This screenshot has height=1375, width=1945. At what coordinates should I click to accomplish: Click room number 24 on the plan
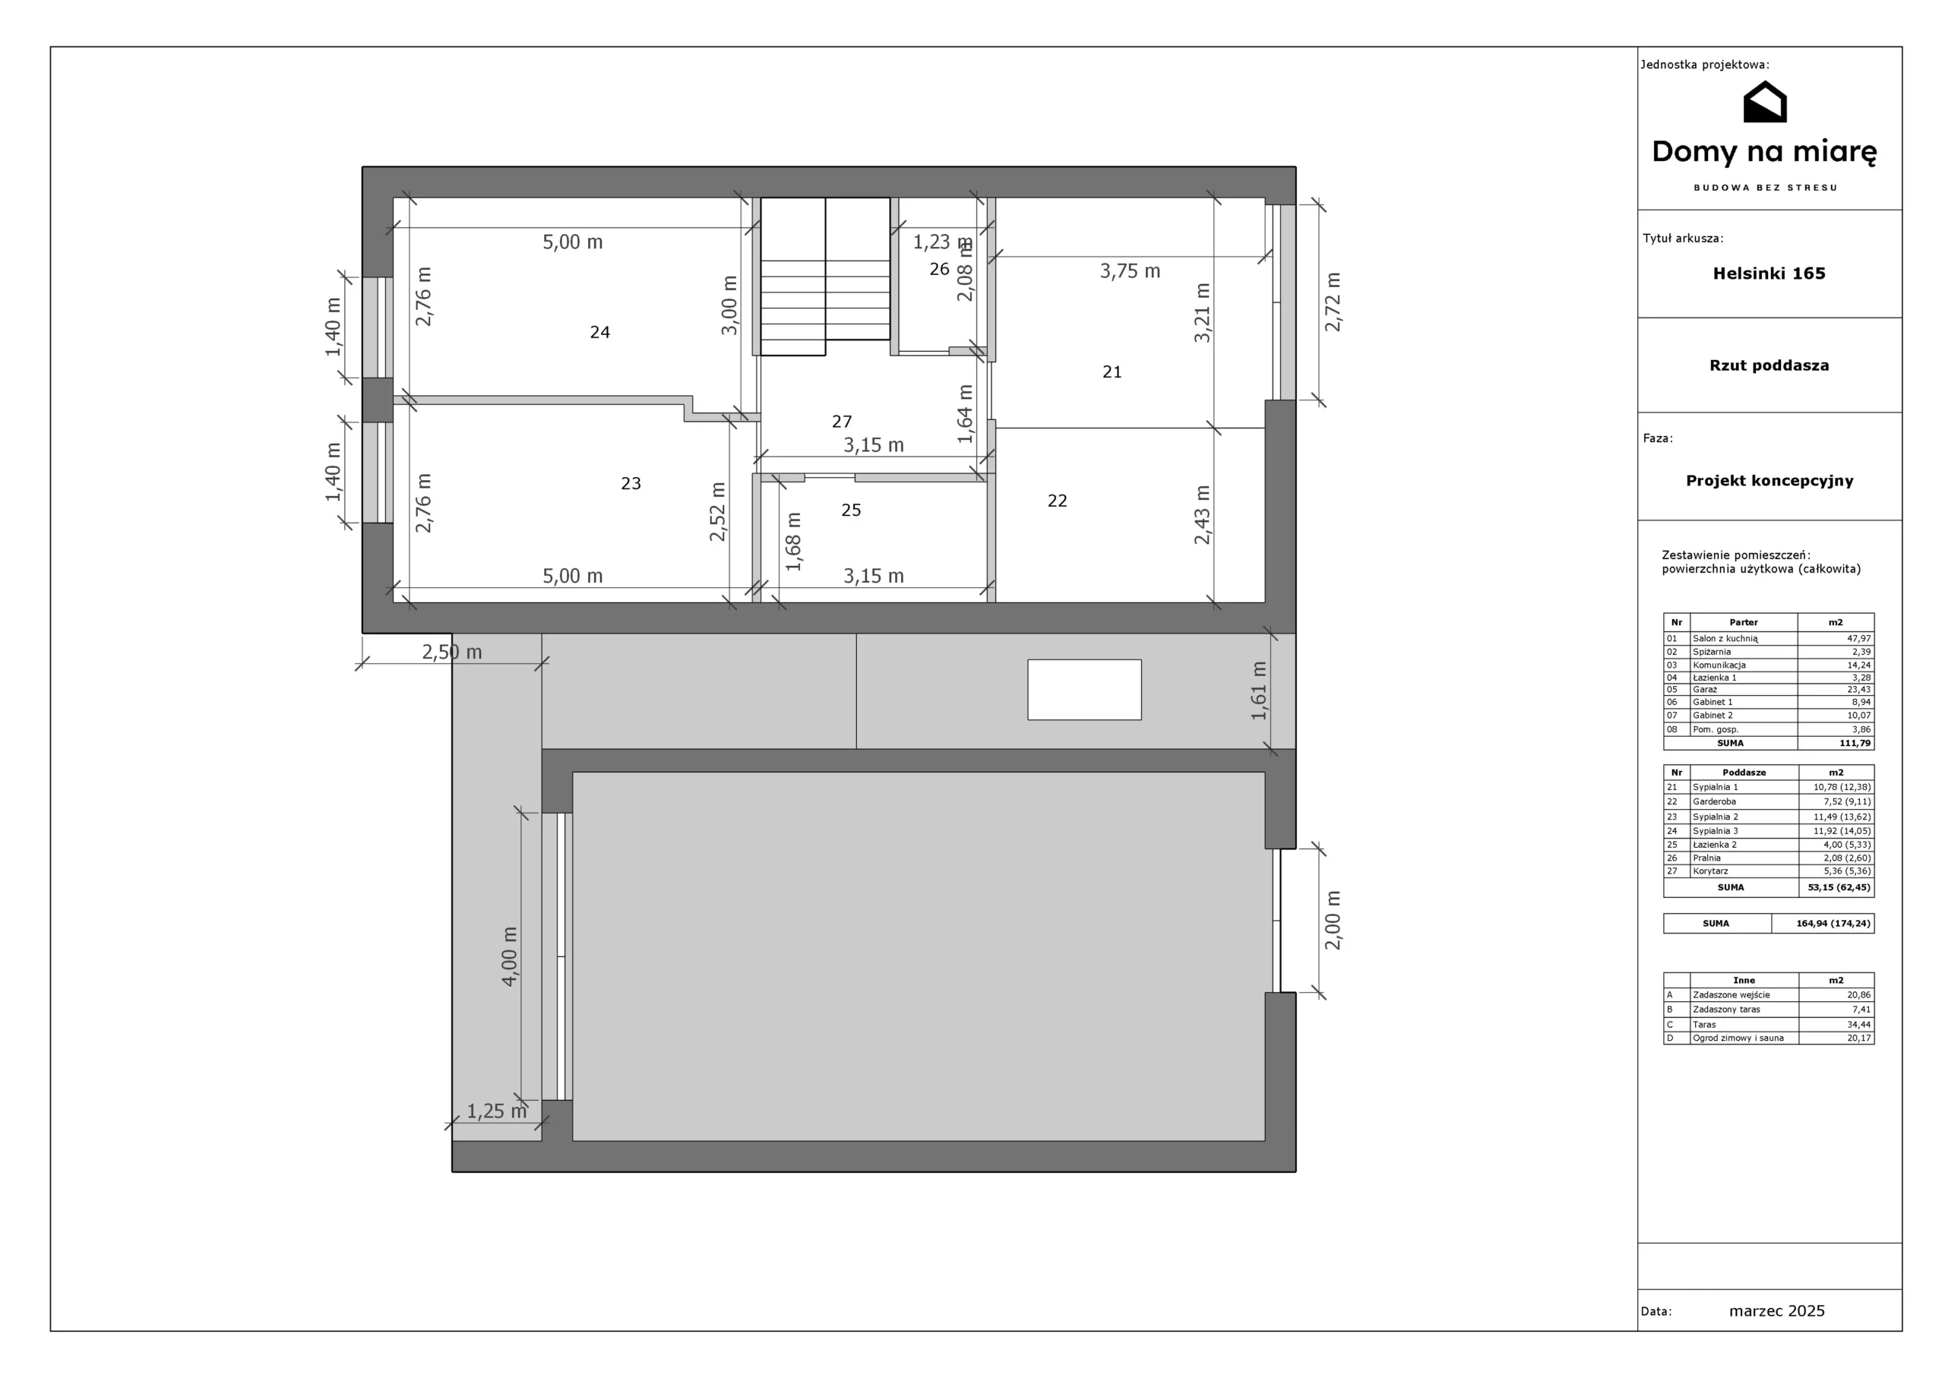pyautogui.click(x=599, y=332)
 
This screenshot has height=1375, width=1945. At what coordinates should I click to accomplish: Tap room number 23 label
pyautogui.click(x=631, y=484)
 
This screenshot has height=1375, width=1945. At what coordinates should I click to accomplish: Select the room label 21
pyautogui.click(x=1112, y=372)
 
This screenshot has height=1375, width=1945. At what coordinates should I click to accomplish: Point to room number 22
pyautogui.click(x=1057, y=501)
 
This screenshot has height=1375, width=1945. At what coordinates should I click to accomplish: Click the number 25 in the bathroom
pyautogui.click(x=852, y=510)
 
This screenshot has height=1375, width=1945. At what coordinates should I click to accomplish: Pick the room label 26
pyautogui.click(x=940, y=270)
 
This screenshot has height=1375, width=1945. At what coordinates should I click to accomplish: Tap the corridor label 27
pyautogui.click(x=842, y=422)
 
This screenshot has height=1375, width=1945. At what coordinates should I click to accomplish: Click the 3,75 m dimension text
pyautogui.click(x=1130, y=271)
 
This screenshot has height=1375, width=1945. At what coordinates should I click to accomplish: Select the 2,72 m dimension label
pyautogui.click(x=1333, y=302)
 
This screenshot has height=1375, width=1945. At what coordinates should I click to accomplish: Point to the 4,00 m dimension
pyautogui.click(x=509, y=956)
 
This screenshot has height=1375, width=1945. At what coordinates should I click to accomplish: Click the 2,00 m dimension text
pyautogui.click(x=1333, y=920)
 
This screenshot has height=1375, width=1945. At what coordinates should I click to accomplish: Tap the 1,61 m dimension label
pyautogui.click(x=1259, y=691)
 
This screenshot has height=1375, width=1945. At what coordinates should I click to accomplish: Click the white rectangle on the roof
pyautogui.click(x=1084, y=690)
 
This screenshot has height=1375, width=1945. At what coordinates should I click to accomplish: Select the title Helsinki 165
pyautogui.click(x=1769, y=273)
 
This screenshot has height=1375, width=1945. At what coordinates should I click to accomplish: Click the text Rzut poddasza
pyautogui.click(x=1769, y=366)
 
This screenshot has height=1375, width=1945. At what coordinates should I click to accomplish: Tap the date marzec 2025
pyautogui.click(x=1777, y=1311)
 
